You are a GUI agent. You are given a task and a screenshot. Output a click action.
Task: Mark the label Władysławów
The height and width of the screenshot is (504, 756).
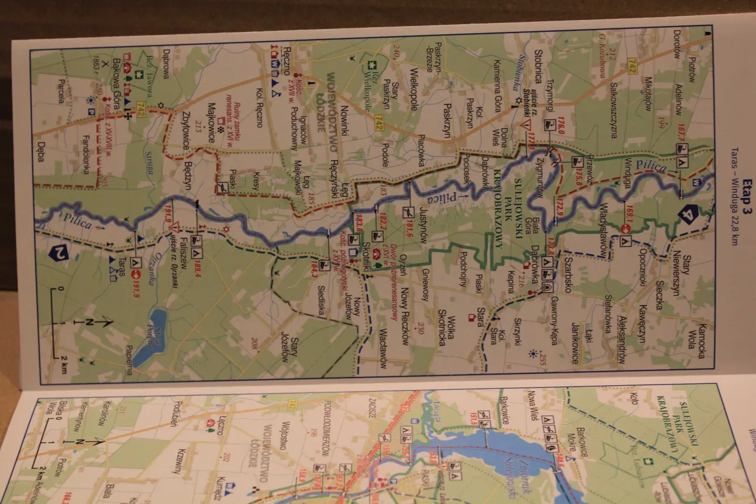pyautogui.click(x=602, y=228)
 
